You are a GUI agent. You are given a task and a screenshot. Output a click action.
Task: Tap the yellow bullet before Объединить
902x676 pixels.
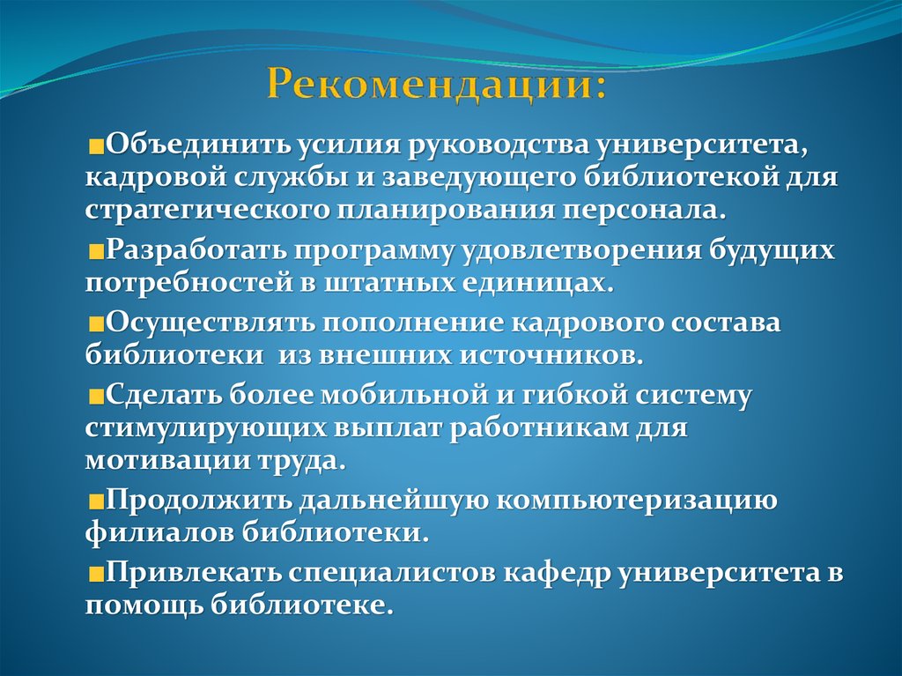[95, 144]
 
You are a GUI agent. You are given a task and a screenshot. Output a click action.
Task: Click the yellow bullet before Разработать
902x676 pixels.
[95, 251]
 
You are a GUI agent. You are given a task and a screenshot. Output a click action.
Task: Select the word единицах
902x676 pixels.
[534, 284]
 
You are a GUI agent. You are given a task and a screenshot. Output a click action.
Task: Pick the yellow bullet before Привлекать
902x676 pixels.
[95, 574]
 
